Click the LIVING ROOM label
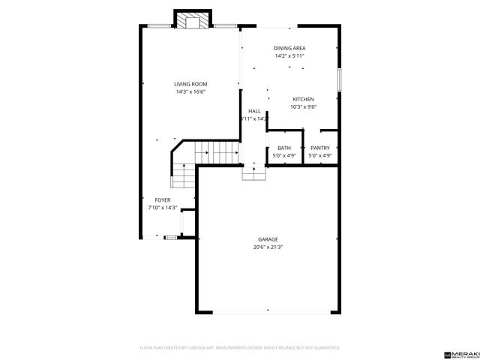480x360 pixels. point(190,84)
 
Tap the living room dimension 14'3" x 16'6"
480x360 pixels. point(190,91)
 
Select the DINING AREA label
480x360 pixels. point(289,48)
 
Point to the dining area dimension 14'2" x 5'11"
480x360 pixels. point(289,55)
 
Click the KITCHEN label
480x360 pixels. point(303,100)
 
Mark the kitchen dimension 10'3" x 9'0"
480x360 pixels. point(303,107)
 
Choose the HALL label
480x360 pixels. point(254,111)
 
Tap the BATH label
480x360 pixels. point(284,148)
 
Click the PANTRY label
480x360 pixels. point(320,148)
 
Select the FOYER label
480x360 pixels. point(163,200)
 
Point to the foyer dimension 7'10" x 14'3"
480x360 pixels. point(162,208)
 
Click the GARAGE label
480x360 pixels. point(268,239)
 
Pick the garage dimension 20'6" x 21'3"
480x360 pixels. point(268,247)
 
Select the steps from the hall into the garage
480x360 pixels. point(253,173)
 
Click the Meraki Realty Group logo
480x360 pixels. point(462,352)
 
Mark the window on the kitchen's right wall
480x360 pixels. point(339,79)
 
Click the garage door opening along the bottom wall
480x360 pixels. point(268,312)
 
